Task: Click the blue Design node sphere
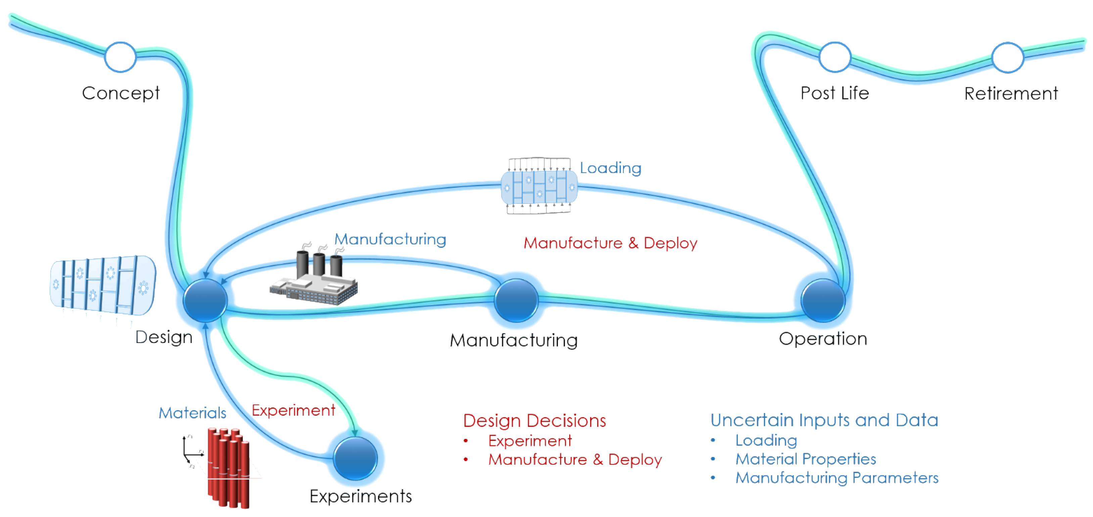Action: tap(205, 300)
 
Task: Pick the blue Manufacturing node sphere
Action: tap(516, 300)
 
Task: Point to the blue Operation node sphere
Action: tap(823, 300)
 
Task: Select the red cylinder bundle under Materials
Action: tap(229, 468)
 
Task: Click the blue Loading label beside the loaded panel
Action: tap(610, 168)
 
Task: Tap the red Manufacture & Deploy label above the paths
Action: tap(610, 243)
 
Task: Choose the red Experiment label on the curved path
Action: tap(293, 410)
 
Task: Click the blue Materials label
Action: tap(192, 413)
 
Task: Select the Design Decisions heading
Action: tap(534, 421)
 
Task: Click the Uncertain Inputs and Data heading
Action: tap(824, 420)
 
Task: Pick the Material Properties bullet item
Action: tap(805, 459)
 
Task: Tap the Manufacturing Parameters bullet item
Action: tap(837, 477)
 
